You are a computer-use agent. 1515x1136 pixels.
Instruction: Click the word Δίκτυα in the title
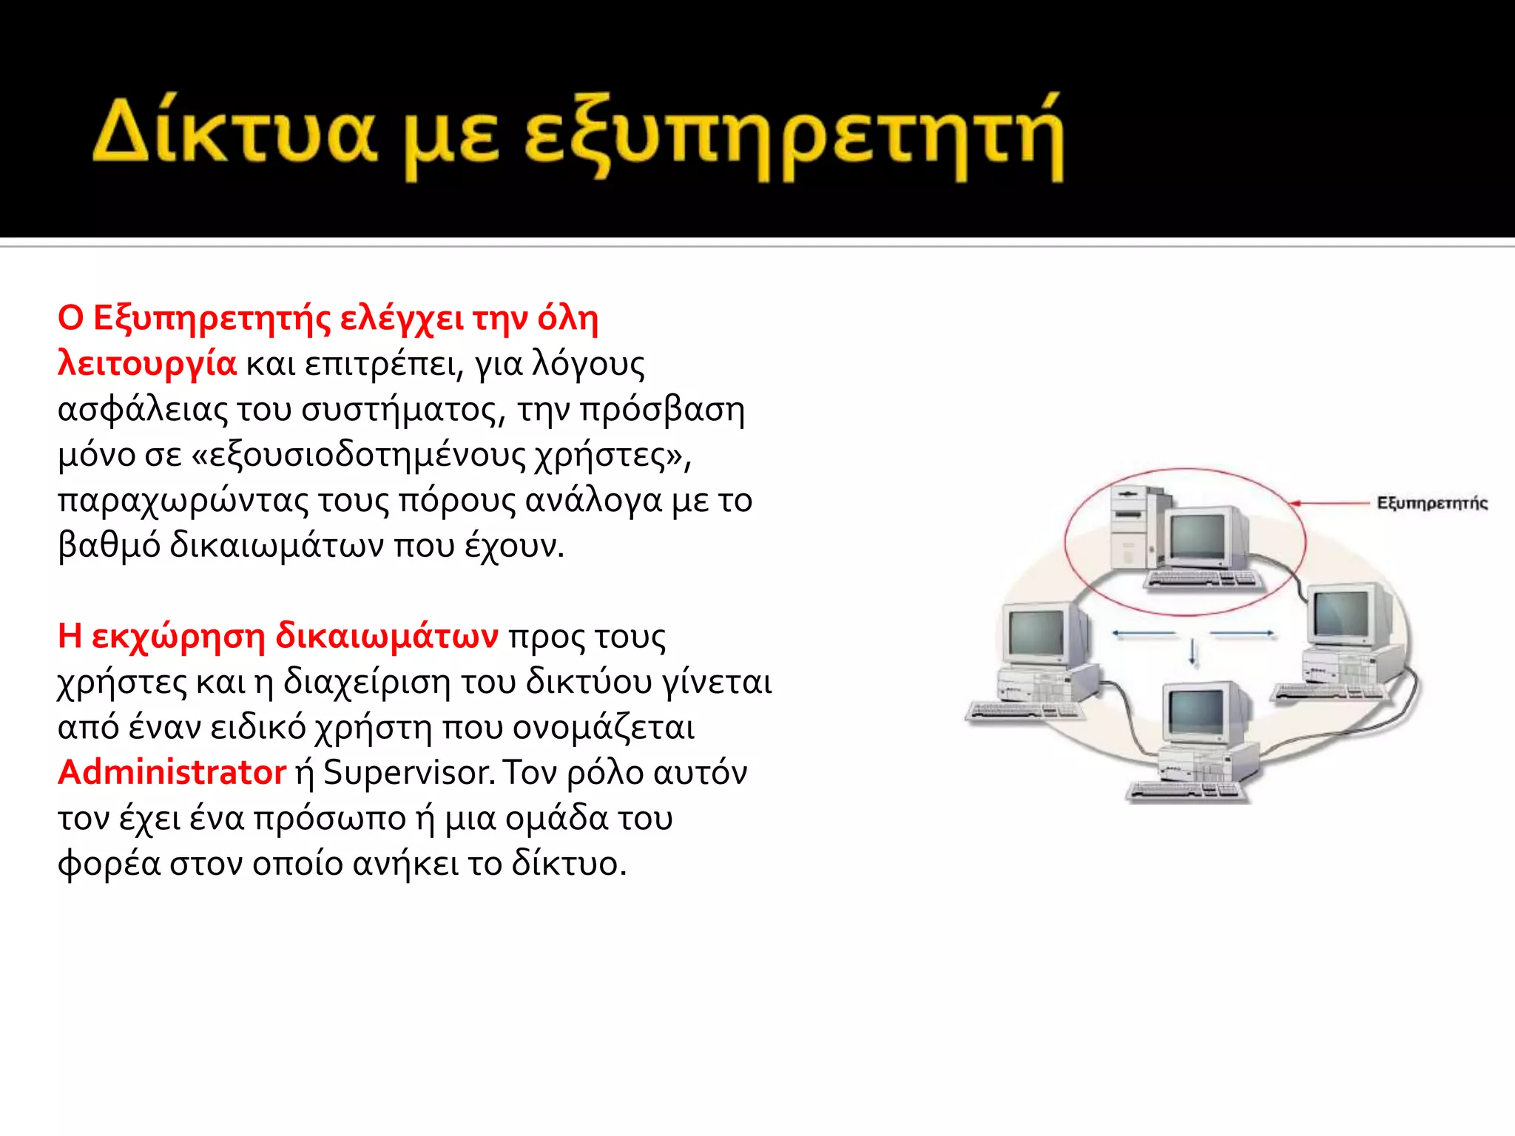[234, 133]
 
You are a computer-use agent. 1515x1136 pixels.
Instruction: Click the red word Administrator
[172, 772]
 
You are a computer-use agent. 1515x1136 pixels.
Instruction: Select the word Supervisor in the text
[408, 773]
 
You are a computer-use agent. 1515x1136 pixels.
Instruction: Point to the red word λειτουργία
[147, 364]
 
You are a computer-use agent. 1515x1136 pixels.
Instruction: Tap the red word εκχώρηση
[178, 635]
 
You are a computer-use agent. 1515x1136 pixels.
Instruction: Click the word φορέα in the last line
[109, 864]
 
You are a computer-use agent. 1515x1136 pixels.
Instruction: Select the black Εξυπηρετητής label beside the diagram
[1431, 504]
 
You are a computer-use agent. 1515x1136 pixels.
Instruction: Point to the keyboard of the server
[1204, 581]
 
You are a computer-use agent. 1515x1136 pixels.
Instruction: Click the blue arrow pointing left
[1144, 633]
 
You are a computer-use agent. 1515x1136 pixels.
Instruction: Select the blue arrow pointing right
[1243, 633]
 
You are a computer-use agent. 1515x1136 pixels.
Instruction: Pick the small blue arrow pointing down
[1192, 652]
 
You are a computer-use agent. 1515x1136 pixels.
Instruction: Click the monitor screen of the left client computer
[1036, 632]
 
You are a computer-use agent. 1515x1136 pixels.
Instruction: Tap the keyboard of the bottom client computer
[1184, 791]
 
